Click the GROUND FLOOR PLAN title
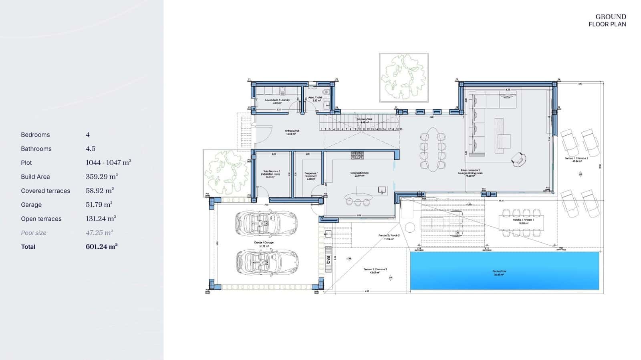(x=607, y=20)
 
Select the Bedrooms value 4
(x=88, y=135)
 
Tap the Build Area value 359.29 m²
(x=101, y=177)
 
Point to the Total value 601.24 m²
(x=101, y=247)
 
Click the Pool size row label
(x=34, y=233)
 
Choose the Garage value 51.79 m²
(x=99, y=205)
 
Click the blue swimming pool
(x=504, y=270)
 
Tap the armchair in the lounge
(x=518, y=160)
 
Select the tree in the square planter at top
(x=403, y=77)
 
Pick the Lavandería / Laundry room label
(x=277, y=101)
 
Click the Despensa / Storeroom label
(x=311, y=175)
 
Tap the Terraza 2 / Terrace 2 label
(x=375, y=271)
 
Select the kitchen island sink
(x=382, y=190)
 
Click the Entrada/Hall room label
(x=292, y=132)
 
